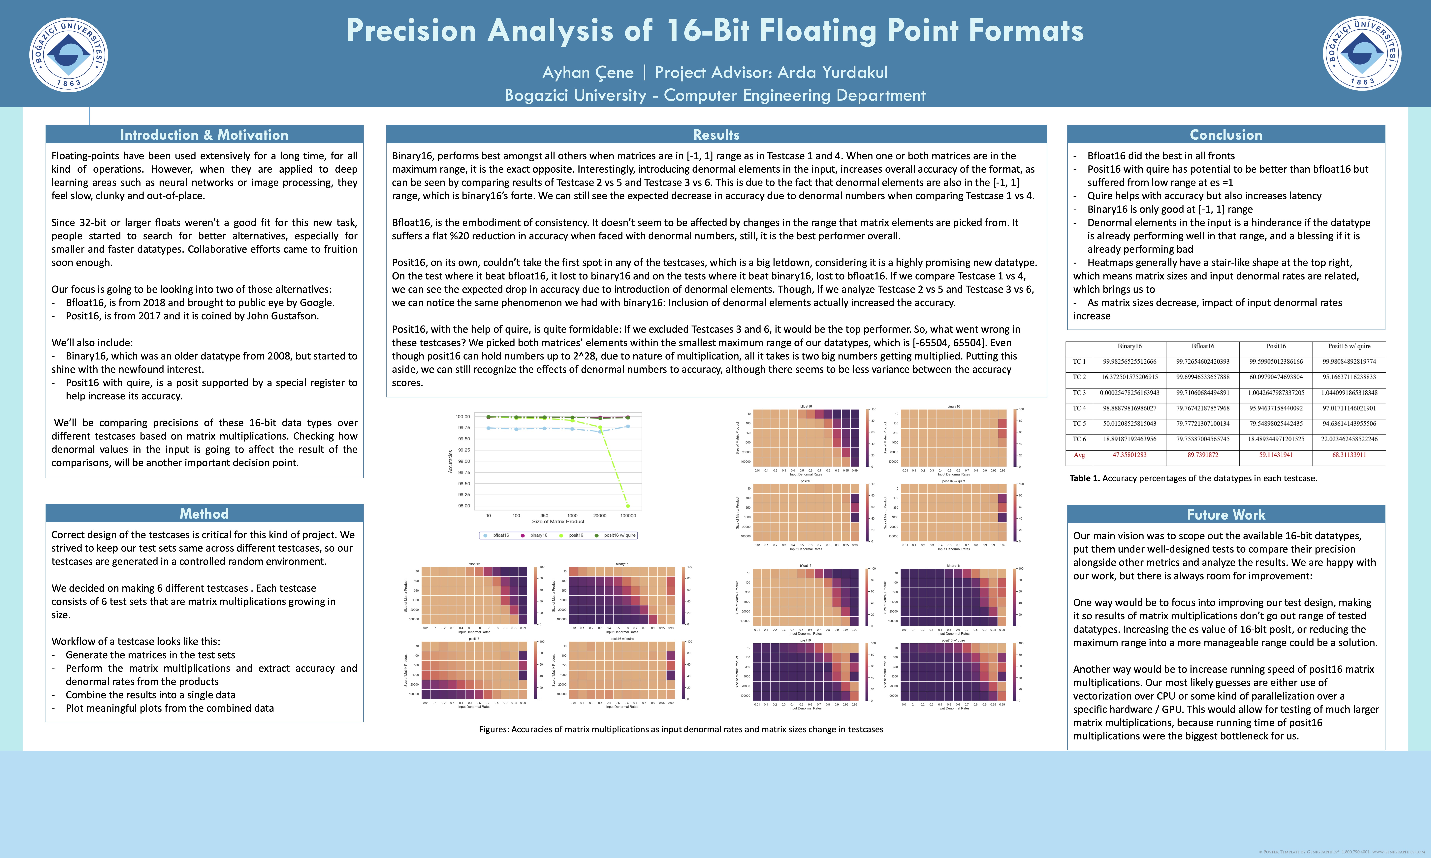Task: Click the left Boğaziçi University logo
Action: tap(68, 54)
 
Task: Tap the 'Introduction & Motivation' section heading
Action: tap(204, 135)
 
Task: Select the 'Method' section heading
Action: tap(204, 513)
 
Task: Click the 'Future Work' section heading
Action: tap(1226, 515)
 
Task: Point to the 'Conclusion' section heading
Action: tap(1226, 135)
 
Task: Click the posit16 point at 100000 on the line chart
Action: tap(628, 506)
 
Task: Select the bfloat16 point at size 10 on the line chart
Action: tap(489, 428)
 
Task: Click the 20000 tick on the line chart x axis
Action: tap(600, 515)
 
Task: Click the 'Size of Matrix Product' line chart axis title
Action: tap(558, 522)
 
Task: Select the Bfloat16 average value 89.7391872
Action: tap(1202, 455)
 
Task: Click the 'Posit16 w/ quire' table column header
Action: tap(1349, 346)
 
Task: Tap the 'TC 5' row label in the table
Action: tap(1079, 424)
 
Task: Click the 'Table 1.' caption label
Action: tap(1084, 478)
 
